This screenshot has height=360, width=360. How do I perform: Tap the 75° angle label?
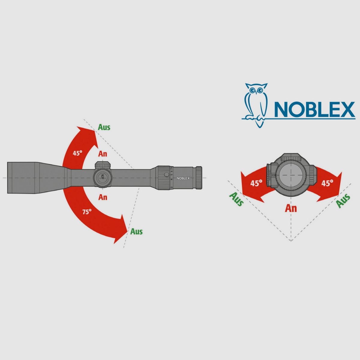(x=87, y=212)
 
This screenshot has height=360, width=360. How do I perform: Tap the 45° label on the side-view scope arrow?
(x=77, y=153)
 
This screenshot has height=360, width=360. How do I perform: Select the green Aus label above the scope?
(x=104, y=127)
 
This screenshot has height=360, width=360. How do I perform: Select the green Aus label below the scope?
(x=136, y=232)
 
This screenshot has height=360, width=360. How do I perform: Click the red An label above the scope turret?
(x=103, y=154)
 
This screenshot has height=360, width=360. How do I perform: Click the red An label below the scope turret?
(x=103, y=197)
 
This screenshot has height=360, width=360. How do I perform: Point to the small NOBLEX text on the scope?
(x=183, y=178)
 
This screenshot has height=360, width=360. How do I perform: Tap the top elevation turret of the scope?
(x=103, y=165)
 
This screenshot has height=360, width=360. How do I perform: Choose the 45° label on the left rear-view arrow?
(x=256, y=183)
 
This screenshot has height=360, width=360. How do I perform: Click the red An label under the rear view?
(x=291, y=208)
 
